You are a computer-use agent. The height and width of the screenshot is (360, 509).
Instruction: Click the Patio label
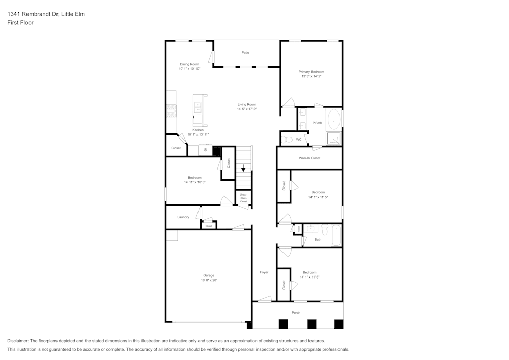point(245,52)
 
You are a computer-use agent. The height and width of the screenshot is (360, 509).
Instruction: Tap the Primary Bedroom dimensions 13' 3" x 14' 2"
point(311,76)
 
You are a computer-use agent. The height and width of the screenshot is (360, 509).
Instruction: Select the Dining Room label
point(189,64)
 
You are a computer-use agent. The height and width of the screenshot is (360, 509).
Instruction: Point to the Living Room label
point(246,104)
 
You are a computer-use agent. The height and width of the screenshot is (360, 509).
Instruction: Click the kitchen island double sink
point(197,107)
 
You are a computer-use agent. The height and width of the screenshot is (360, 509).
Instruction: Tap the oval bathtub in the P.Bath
point(333,121)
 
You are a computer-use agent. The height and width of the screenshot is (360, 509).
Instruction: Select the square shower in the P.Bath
point(333,139)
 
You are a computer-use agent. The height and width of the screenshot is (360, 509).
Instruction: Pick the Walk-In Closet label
point(309,158)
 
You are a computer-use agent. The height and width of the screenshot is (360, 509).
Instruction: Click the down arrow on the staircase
point(243,167)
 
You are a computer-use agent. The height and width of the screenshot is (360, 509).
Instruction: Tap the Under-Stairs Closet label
point(243,198)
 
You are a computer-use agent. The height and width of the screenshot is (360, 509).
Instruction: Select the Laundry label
point(183,217)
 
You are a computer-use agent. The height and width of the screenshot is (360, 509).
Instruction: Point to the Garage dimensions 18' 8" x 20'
point(209,280)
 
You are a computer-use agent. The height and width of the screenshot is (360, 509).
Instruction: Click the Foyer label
point(264,272)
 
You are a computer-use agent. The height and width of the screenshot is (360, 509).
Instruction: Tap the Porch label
point(296,313)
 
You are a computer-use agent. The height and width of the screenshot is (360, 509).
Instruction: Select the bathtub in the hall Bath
point(335,235)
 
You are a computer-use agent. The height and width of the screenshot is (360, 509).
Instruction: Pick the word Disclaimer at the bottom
point(18,341)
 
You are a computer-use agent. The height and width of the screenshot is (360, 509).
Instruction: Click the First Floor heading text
point(20,23)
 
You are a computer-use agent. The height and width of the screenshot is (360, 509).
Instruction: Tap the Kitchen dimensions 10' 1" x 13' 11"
point(198,134)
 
